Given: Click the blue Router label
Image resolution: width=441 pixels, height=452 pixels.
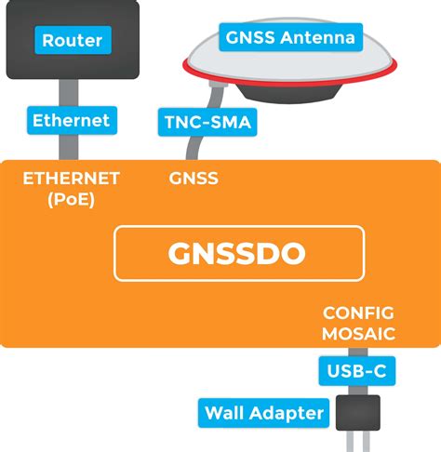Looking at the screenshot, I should tap(72, 40).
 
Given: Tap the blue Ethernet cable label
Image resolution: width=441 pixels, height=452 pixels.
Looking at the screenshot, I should tap(71, 120).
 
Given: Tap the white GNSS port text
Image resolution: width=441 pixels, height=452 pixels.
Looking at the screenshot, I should tap(194, 178).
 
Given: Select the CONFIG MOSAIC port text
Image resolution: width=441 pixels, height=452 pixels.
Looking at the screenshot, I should tap(358, 322).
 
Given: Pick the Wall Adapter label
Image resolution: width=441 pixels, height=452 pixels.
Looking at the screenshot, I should tap(264, 412).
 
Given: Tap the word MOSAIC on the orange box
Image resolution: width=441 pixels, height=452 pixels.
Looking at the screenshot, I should tap(358, 332).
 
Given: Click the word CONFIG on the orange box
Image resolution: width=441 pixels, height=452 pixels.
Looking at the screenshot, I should tap(358, 312).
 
